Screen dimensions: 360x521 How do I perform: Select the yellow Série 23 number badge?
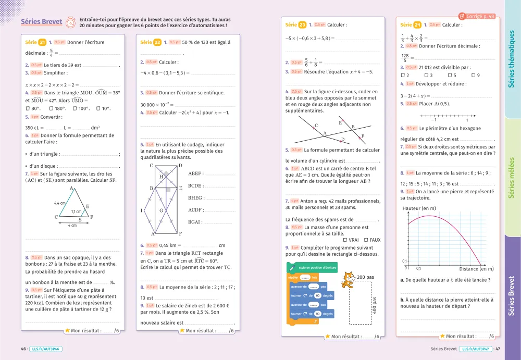(303, 24)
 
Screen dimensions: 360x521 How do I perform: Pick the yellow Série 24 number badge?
(417, 24)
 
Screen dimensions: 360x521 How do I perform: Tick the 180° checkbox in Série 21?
(51, 108)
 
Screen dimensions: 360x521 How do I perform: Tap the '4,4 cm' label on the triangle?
(59, 203)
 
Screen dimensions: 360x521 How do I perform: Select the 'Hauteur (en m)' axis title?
(419, 209)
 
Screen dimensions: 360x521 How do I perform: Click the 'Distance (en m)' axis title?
(476, 269)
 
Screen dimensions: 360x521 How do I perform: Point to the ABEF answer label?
(195, 173)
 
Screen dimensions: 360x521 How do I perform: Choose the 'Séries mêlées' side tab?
(511, 178)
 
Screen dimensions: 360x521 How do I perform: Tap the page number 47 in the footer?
(498, 349)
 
